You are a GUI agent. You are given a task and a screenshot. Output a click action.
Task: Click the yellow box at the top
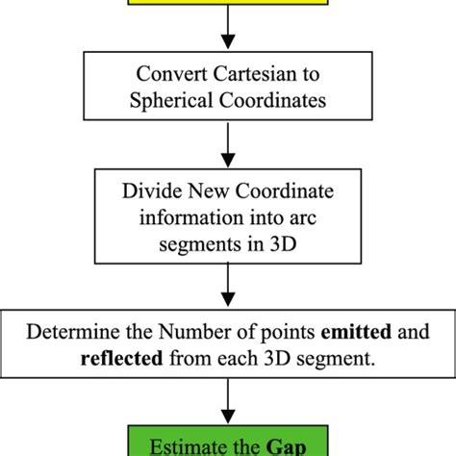click(x=227, y=5)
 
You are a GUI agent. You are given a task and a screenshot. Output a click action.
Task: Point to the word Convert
click(x=164, y=72)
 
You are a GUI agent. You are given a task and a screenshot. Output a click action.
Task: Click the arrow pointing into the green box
click(x=227, y=405)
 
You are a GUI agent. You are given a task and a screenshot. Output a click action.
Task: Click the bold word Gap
click(x=281, y=445)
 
